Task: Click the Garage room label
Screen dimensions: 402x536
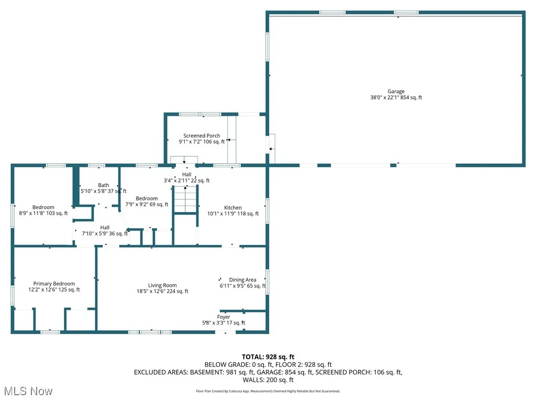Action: pyautogui.click(x=396, y=92)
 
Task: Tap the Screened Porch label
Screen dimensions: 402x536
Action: pyautogui.click(x=202, y=136)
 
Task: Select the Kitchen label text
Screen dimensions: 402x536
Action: pyautogui.click(x=233, y=208)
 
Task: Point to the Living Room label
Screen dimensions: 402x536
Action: pyautogui.click(x=162, y=285)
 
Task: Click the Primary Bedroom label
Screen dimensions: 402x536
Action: pyautogui.click(x=54, y=284)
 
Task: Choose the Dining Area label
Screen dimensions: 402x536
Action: pyautogui.click(x=242, y=280)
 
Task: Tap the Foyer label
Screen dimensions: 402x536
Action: pyautogui.click(x=224, y=317)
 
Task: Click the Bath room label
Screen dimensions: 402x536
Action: pyautogui.click(x=103, y=185)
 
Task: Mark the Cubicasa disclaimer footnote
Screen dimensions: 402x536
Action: pyautogui.click(x=268, y=391)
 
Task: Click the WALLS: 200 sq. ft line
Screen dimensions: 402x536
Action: pyautogui.click(x=268, y=379)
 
